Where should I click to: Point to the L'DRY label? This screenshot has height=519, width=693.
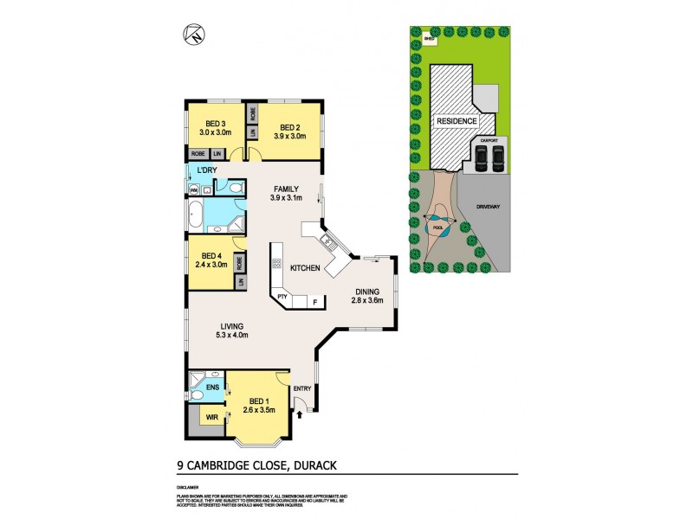coord(206,170)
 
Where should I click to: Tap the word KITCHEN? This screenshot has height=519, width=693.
coord(306,269)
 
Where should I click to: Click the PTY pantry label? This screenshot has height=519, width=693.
coord(282,298)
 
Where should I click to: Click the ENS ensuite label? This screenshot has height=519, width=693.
coord(213,387)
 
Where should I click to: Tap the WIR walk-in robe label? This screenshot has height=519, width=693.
coord(211,418)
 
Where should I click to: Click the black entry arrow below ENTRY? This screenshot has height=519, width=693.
coord(300,415)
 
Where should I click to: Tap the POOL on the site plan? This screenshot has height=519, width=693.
coord(438,227)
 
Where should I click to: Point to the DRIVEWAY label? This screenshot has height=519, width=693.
coord(489,208)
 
